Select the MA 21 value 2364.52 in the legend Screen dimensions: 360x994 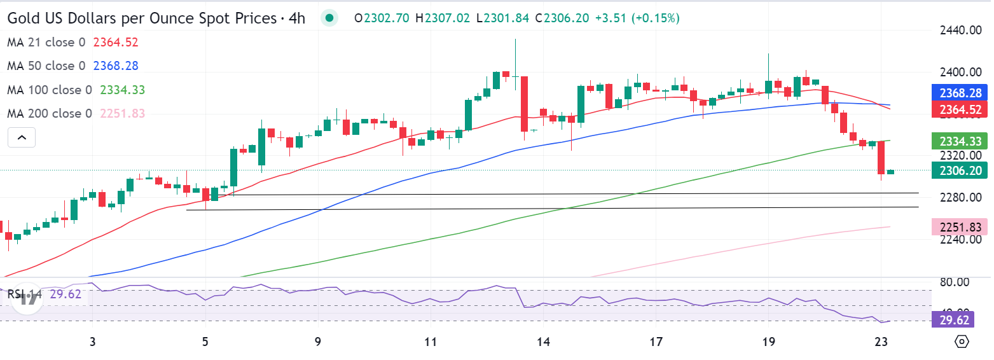116,43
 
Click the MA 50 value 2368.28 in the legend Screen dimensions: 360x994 116,66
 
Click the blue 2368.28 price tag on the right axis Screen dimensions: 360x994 958,93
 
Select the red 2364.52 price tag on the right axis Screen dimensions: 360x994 958,109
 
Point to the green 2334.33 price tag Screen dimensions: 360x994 958,141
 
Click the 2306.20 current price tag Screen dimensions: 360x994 958,170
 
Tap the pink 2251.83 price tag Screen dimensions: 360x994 958,226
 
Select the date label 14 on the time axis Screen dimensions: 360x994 542,343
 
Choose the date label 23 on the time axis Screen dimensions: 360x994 880,343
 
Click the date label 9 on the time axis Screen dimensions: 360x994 317,343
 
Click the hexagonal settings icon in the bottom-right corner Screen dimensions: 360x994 962,342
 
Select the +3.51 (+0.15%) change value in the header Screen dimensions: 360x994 637,18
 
